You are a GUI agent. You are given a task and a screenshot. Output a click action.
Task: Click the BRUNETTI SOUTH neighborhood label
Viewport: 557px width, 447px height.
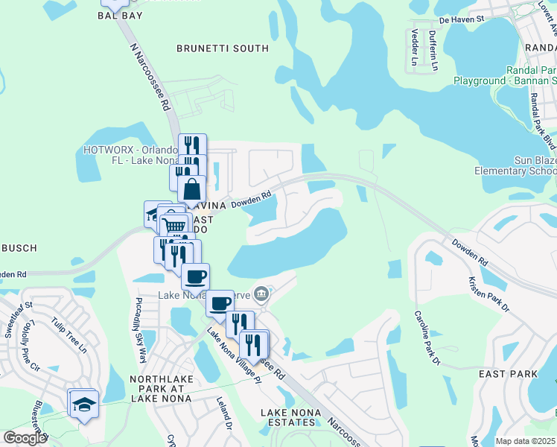tap(222, 48)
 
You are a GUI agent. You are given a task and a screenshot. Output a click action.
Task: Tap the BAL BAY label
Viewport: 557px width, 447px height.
tap(120, 15)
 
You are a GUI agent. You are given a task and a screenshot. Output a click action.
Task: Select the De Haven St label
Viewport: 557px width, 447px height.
tap(462, 19)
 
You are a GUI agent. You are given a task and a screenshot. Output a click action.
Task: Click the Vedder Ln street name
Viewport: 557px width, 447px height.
tap(415, 47)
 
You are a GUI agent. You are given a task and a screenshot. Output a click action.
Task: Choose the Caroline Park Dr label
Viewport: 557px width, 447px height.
tap(427, 337)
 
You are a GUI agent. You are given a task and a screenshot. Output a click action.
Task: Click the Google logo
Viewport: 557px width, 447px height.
tap(25, 438)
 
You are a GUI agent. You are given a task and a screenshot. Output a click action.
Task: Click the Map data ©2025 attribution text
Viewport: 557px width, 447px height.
tap(525, 441)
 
